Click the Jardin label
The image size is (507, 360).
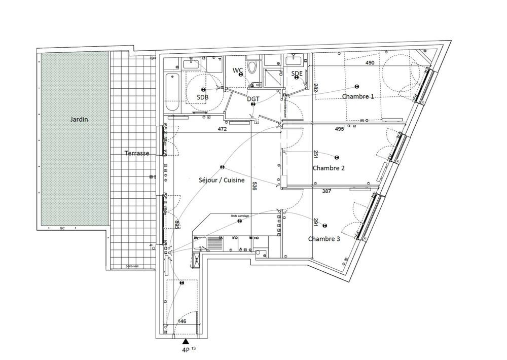(x=79, y=120)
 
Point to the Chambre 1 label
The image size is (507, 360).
(x=358, y=96)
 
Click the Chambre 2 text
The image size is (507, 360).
(x=329, y=168)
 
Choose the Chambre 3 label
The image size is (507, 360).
(x=324, y=239)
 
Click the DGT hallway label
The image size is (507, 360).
(x=253, y=99)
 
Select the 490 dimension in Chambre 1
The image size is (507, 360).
(x=370, y=63)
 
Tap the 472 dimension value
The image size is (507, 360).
(x=222, y=129)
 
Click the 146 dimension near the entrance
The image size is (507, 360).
(x=182, y=321)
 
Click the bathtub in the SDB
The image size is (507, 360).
(x=172, y=93)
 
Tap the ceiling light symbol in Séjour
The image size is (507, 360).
(x=222, y=167)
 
